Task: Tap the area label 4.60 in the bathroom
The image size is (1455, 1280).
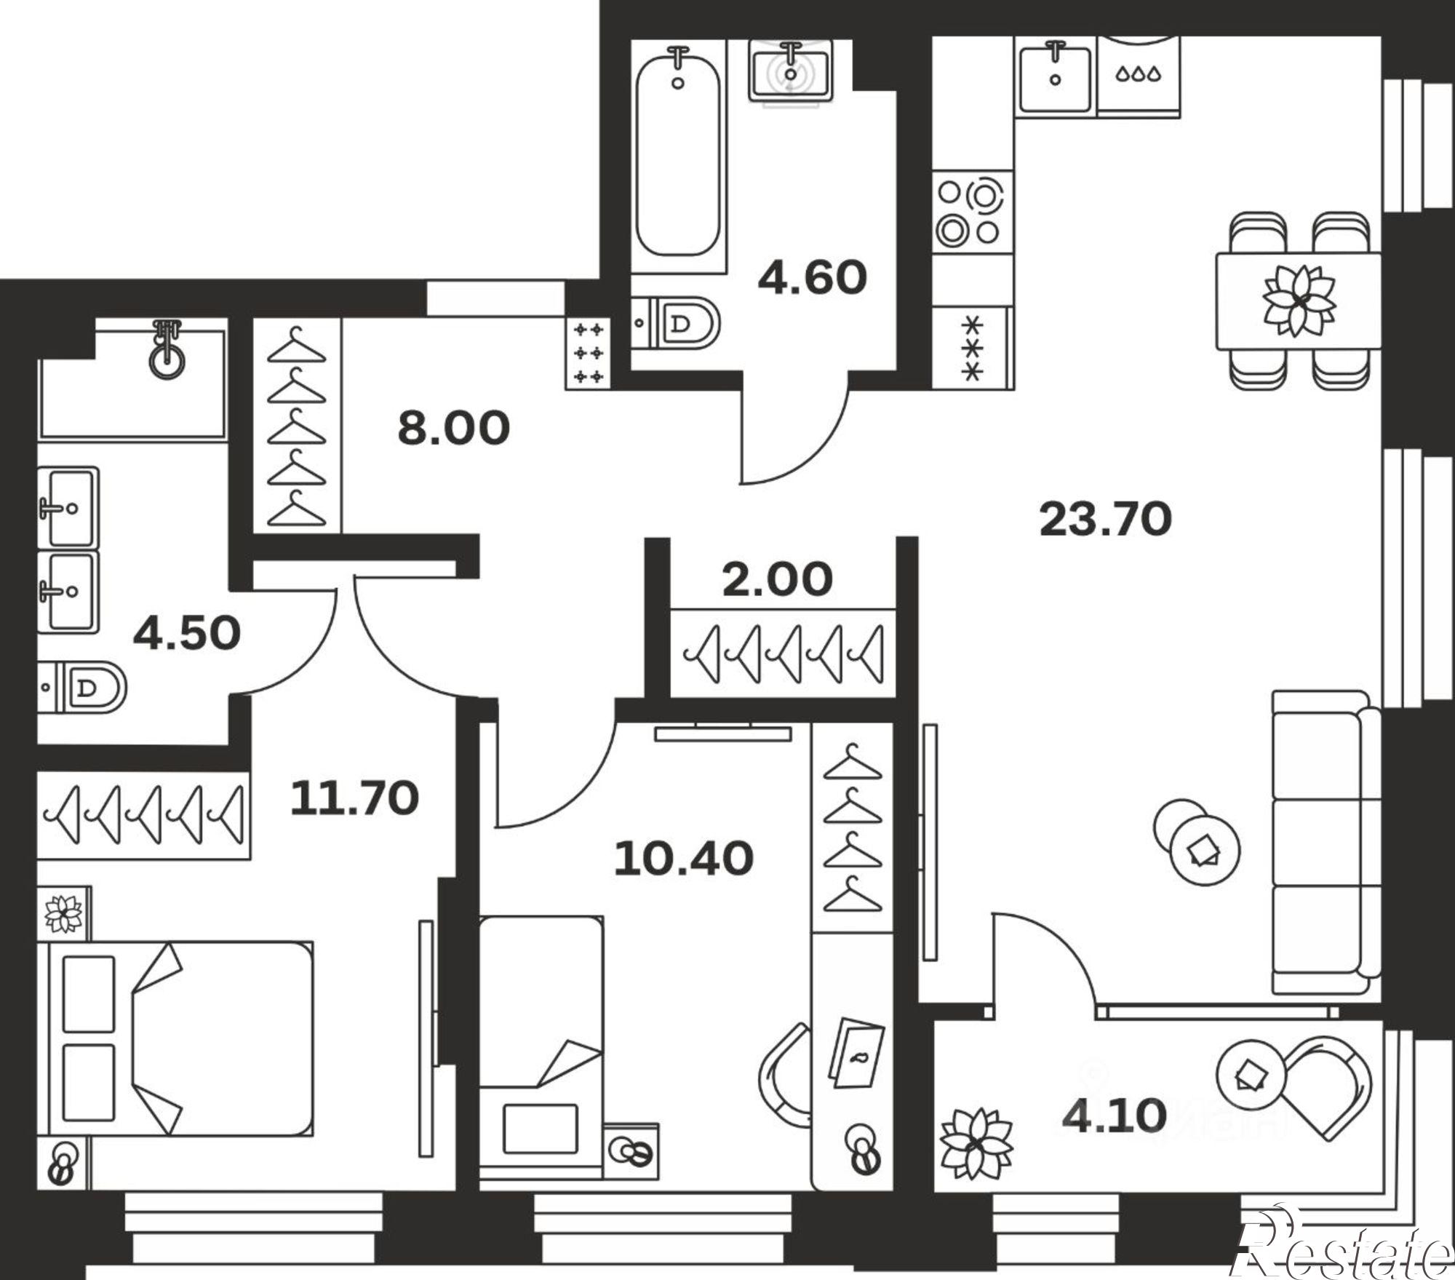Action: (x=813, y=278)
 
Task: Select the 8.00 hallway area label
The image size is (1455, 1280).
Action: (x=453, y=429)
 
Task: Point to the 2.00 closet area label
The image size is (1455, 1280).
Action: (x=777, y=580)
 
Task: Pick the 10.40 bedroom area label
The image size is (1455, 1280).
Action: (x=683, y=858)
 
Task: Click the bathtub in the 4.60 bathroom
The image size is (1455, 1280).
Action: (x=678, y=156)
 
